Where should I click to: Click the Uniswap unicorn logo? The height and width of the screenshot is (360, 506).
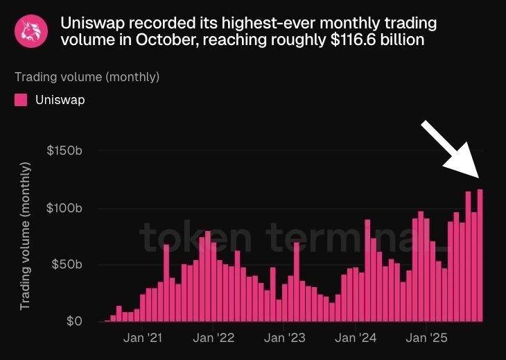32,31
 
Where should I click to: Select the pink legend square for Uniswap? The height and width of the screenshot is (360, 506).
21,100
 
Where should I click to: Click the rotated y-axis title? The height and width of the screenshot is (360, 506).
26,236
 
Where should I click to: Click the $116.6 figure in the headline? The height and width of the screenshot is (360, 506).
355,40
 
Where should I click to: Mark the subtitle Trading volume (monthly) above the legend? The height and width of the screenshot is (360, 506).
87,76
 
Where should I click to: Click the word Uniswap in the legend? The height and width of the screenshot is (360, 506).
60,100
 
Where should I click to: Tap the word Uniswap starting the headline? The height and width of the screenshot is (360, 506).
92,23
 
